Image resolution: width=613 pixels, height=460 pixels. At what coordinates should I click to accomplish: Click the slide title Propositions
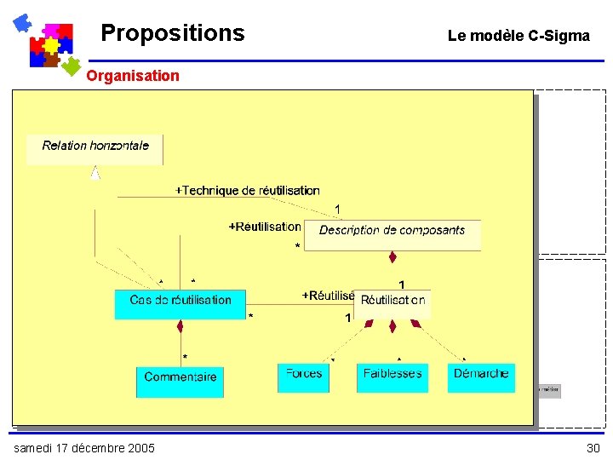click(172, 33)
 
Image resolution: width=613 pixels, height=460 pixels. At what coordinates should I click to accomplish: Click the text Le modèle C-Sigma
click(518, 36)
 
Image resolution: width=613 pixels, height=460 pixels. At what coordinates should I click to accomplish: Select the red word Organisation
click(133, 76)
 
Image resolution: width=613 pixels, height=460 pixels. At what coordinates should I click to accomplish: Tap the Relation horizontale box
click(95, 149)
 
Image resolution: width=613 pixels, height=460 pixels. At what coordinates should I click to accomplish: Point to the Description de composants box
click(392, 234)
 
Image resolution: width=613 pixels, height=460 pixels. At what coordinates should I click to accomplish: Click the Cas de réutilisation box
click(180, 304)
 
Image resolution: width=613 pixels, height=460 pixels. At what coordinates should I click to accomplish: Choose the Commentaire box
click(180, 381)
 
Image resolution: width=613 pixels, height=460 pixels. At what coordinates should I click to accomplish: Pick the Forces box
click(303, 377)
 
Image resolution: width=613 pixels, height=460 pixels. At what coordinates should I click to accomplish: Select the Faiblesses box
click(392, 377)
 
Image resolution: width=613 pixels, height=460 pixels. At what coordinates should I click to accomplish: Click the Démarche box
click(481, 377)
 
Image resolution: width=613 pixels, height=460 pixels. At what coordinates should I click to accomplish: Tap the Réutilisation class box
click(392, 303)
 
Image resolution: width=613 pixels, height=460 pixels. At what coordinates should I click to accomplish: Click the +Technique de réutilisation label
click(247, 191)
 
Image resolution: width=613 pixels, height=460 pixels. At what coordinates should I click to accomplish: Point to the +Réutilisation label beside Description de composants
click(265, 227)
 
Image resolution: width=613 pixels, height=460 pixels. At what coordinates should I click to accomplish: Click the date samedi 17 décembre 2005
click(83, 448)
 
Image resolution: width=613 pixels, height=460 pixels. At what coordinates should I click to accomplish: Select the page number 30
click(593, 448)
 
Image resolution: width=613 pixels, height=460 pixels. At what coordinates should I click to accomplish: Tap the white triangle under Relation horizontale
click(95, 173)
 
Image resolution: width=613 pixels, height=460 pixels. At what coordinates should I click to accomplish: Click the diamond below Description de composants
click(392, 257)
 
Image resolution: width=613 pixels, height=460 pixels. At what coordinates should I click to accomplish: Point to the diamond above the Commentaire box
click(180, 326)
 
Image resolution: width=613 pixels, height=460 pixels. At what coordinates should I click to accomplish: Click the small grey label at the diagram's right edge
click(547, 391)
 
